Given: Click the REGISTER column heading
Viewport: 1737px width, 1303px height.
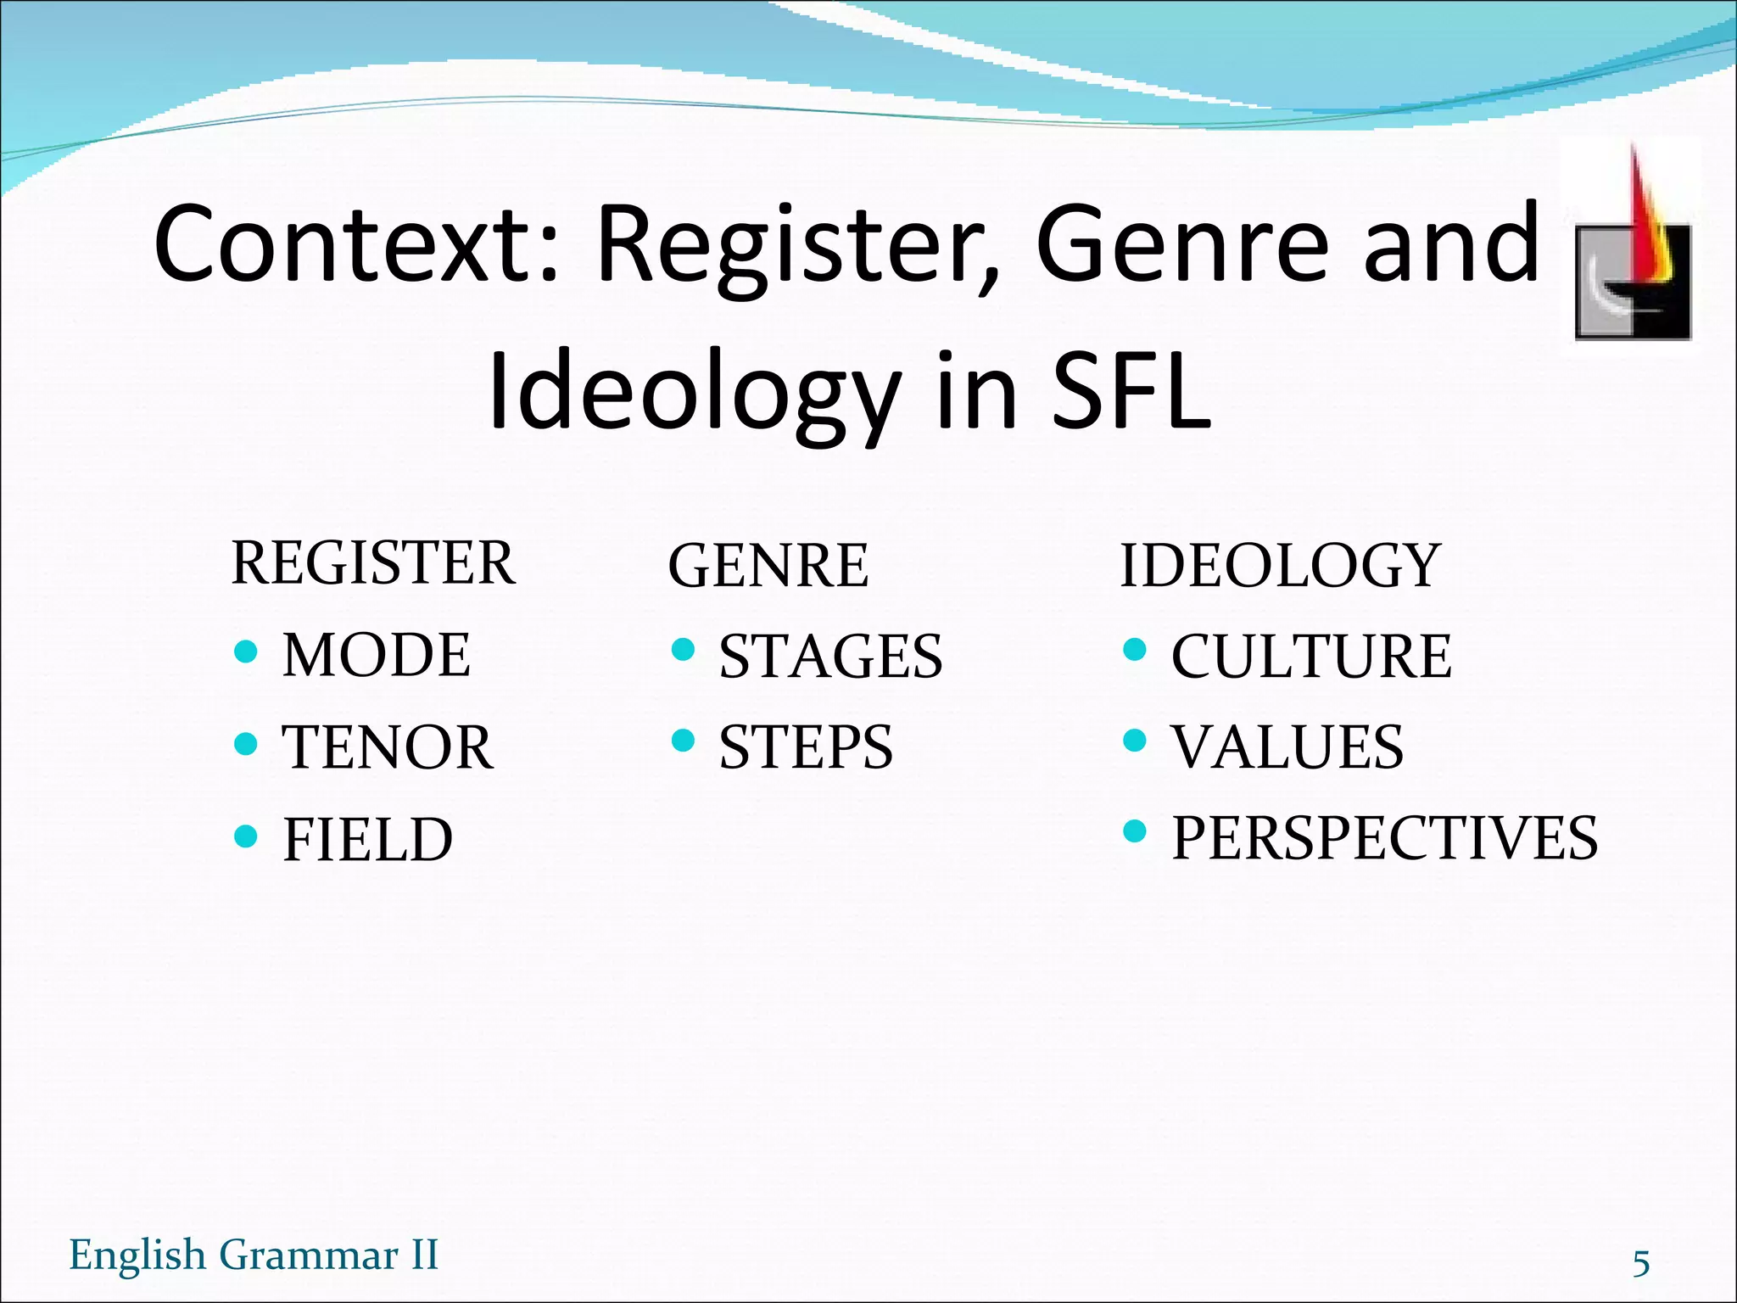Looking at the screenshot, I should pyautogui.click(x=373, y=564).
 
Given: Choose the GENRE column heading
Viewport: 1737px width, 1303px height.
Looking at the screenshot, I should pyautogui.click(x=768, y=567).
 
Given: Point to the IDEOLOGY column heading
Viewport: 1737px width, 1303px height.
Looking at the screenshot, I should pyautogui.click(x=1280, y=567).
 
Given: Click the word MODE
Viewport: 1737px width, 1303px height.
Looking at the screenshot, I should pyautogui.click(x=376, y=656).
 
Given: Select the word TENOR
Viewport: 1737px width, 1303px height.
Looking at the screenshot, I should pyautogui.click(x=387, y=748).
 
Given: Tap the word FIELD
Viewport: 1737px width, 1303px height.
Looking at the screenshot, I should pyautogui.click(x=367, y=841).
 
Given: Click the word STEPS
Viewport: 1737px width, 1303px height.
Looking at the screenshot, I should pyautogui.click(x=806, y=748).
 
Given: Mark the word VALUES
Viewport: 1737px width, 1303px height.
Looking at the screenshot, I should pyautogui.click(x=1287, y=748).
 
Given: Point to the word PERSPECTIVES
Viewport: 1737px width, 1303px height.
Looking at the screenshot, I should pyautogui.click(x=1384, y=839).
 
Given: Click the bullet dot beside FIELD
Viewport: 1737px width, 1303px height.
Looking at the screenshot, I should pyautogui.click(x=245, y=836).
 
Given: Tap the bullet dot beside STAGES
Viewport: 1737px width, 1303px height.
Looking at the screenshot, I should pyautogui.click(x=683, y=651).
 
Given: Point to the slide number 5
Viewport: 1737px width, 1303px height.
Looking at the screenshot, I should pyautogui.click(x=1641, y=1263).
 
